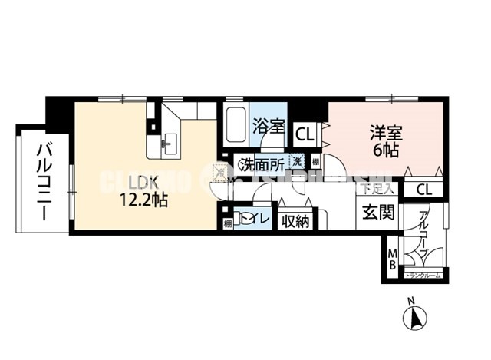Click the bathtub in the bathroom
click(x=236, y=124)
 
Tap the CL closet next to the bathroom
click(x=305, y=134)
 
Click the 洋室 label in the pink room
click(x=386, y=131)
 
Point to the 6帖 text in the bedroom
click(x=386, y=150)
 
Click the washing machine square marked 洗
click(x=296, y=162)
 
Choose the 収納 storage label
click(x=295, y=221)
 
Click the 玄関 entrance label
click(x=377, y=213)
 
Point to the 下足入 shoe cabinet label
click(x=377, y=187)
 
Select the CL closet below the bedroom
click(x=423, y=190)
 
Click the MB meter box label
click(x=392, y=259)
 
